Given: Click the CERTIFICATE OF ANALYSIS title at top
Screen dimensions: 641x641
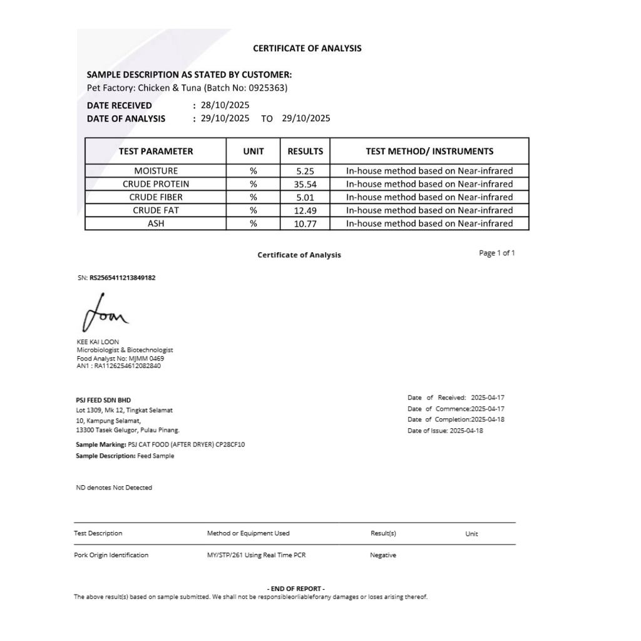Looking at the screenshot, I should tap(307, 48).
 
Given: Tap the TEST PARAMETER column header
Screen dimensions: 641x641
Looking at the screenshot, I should tap(156, 151).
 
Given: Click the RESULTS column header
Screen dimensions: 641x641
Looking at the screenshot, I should tap(305, 151).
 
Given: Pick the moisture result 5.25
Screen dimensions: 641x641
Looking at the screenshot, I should tap(305, 171).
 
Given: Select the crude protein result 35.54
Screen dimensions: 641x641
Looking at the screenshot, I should tap(305, 184).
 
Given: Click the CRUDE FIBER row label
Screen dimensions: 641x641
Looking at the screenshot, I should tap(156, 197).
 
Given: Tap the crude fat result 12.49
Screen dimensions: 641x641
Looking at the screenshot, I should tap(305, 210).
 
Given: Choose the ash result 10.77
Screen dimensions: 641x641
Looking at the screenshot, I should tap(305, 223).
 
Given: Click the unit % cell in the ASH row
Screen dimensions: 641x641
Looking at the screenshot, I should tap(253, 223).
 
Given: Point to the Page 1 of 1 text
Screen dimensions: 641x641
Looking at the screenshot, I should tap(496, 253).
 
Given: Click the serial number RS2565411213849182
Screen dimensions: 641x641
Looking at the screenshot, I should tap(122, 278).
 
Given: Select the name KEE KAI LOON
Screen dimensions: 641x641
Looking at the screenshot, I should tap(98, 342).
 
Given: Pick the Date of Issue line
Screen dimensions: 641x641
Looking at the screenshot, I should tap(445, 431).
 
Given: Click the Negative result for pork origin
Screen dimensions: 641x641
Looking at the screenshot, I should tap(382, 555).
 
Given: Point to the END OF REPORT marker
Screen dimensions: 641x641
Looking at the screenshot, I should tap(296, 588).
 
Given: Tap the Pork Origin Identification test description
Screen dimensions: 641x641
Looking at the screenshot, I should tap(111, 555).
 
